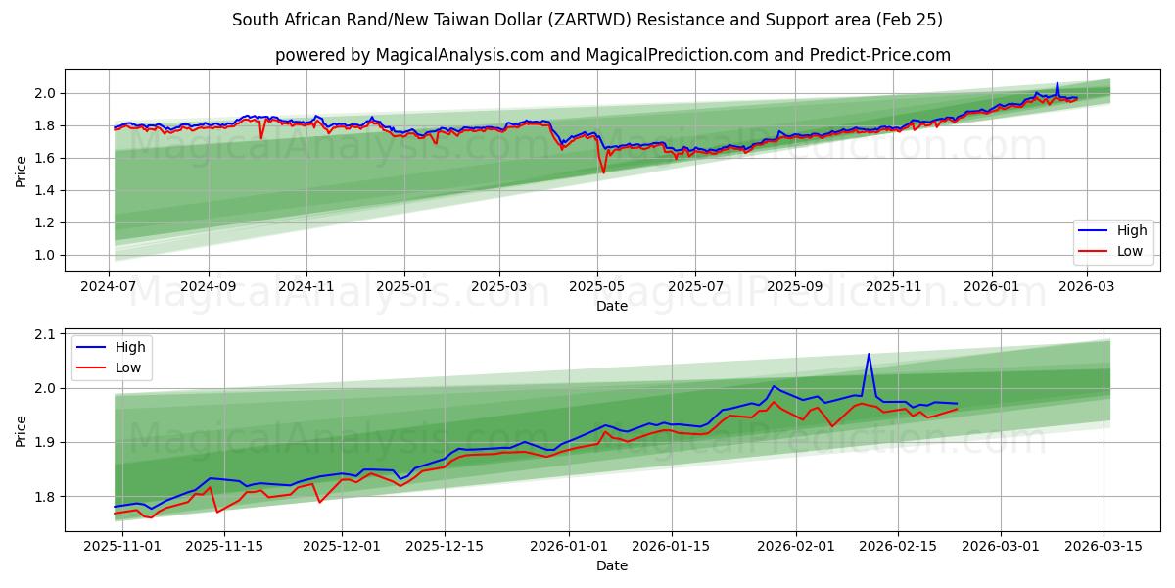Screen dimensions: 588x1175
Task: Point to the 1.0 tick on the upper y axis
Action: pyautogui.click(x=43, y=255)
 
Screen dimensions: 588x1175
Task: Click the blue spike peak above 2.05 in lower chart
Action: pyautogui.click(x=869, y=355)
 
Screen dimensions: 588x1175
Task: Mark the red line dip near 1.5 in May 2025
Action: pyautogui.click(x=603, y=172)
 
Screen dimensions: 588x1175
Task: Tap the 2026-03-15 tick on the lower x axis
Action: pyautogui.click(x=1104, y=547)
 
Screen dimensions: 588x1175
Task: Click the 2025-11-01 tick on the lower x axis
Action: pyautogui.click(x=115, y=547)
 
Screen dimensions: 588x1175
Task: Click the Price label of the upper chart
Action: pyautogui.click(x=22, y=171)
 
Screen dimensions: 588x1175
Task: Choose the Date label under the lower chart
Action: pyautogui.click(x=612, y=565)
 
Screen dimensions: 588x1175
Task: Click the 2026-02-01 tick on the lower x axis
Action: pyautogui.click(x=796, y=547)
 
